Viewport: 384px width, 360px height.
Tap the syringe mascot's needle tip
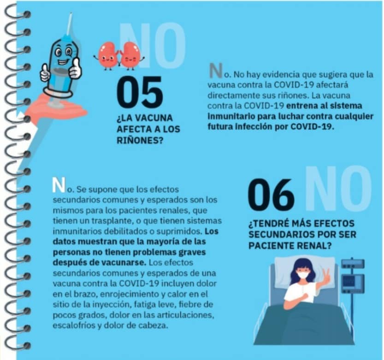pyautogui.click(x=71, y=13)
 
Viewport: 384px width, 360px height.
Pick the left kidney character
pyautogui.click(x=107, y=56)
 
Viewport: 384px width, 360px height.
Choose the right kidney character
pyautogui.click(x=131, y=56)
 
